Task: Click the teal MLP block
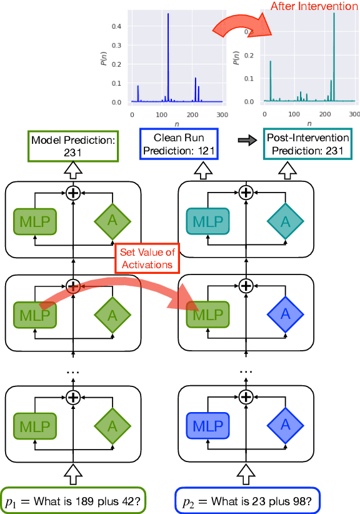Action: pyautogui.click(x=207, y=221)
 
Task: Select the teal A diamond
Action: pyautogui.click(x=286, y=221)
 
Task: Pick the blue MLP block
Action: pyautogui.click(x=207, y=426)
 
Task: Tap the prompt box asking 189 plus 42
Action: pyautogui.click(x=74, y=500)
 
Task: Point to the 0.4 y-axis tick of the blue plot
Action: pyautogui.click(x=121, y=26)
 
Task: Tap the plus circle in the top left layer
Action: pyautogui.click(x=74, y=193)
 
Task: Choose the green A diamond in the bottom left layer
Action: pyautogui.click(x=112, y=426)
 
